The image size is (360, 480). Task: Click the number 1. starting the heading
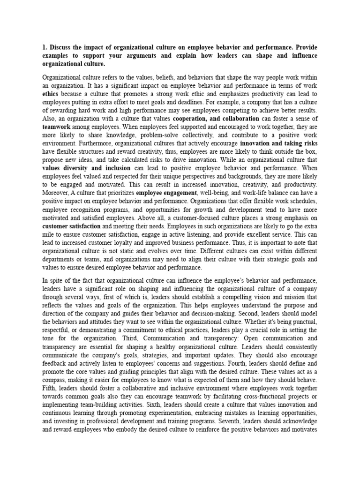point(45,47)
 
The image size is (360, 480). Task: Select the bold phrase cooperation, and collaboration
point(213,120)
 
